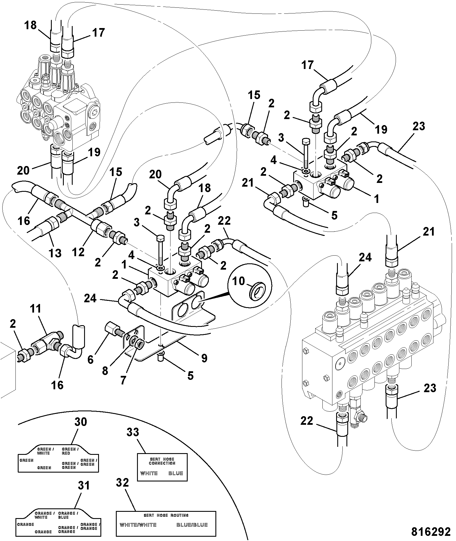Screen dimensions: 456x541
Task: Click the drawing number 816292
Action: coord(431,532)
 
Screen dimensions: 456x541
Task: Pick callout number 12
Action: coord(78,252)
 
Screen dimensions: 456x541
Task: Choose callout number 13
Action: coord(55,253)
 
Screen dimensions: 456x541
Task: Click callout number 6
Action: coord(90,360)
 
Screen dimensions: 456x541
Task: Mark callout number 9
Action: coord(204,358)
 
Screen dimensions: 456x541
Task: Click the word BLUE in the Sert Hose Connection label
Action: coord(176,473)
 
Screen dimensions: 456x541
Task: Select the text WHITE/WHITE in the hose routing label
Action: coord(138,525)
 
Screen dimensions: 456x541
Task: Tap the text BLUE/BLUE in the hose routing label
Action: coord(192,525)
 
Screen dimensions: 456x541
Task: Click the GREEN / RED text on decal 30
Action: coord(70,451)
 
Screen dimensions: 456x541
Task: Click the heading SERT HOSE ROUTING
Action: coord(166,515)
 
